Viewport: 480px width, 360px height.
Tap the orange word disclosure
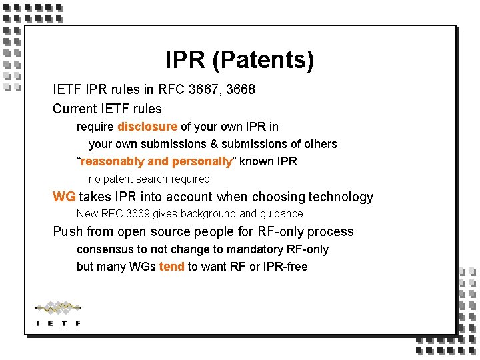(147, 127)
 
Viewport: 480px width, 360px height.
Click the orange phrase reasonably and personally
(157, 161)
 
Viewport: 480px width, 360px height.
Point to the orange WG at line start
(64, 197)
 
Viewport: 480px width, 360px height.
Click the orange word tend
(171, 267)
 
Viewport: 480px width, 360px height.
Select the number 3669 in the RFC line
(138, 214)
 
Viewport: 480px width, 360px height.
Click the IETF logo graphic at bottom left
(58, 313)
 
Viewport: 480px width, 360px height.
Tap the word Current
(75, 108)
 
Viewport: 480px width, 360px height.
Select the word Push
(67, 232)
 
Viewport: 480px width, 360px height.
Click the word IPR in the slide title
(186, 61)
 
